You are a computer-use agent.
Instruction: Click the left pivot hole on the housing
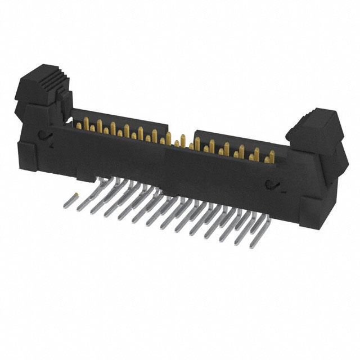(42, 136)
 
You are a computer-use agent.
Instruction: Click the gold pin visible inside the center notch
(182, 141)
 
